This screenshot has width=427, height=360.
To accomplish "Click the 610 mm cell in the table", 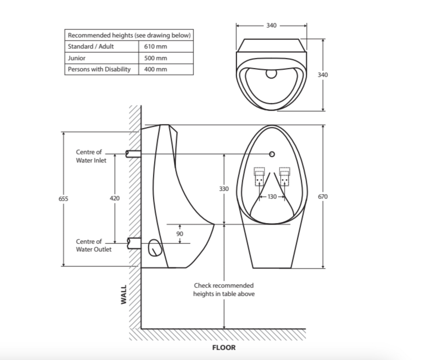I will coord(155,46).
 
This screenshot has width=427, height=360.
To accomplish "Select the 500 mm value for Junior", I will coord(155,58).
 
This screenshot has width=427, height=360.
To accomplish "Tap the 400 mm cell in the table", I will coord(155,69).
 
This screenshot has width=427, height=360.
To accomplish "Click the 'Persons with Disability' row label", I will coord(99,69).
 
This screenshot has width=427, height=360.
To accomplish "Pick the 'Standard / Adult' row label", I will coord(91,46).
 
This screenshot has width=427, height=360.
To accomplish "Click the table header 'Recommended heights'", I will coord(129,35).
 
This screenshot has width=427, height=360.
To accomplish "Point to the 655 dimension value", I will coord(63,198).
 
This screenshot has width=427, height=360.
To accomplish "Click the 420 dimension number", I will coord(115,198).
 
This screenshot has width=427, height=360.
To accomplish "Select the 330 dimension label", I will coord(224,189).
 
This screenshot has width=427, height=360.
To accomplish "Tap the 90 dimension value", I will coord(180,234).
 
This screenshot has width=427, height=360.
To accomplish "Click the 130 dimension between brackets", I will coord(272,197).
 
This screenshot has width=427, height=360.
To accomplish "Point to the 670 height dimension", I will coord(323,197).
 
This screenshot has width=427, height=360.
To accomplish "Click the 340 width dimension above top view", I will coord(271,25).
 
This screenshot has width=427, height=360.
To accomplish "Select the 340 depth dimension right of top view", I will coord(323,75).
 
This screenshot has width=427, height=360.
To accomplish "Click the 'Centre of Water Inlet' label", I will coord(91,156).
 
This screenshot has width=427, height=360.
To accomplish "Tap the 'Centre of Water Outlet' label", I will coord(94,246).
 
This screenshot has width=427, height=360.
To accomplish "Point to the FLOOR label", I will coord(224,348).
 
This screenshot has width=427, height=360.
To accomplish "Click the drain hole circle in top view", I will coord(271,73).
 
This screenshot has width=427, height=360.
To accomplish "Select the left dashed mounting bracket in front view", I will coord(259,176).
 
